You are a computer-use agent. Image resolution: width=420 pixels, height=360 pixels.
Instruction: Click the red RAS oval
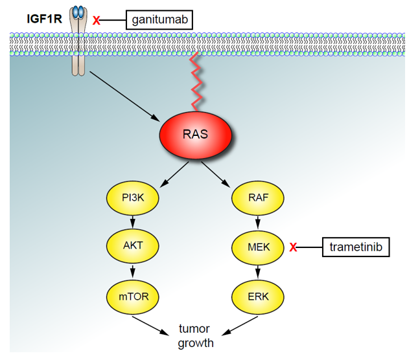pyautogui.click(x=195, y=135)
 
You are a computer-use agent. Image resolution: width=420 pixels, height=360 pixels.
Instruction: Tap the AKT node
pyautogui.click(x=133, y=247)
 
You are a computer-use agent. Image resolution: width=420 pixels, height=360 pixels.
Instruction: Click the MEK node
pyautogui.click(x=257, y=247)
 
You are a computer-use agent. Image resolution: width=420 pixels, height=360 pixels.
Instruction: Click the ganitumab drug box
pyautogui.click(x=159, y=19)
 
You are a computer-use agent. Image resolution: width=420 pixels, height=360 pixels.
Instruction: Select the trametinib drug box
pyautogui.click(x=356, y=247)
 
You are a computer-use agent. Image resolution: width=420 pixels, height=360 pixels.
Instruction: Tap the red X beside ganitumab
pyautogui.click(x=97, y=21)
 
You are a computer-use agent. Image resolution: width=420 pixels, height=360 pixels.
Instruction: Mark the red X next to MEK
pyautogui.click(x=294, y=247)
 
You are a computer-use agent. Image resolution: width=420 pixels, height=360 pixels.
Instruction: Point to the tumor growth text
pyautogui.click(x=195, y=336)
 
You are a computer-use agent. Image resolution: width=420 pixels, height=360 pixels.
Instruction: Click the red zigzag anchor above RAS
pyautogui.click(x=196, y=81)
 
